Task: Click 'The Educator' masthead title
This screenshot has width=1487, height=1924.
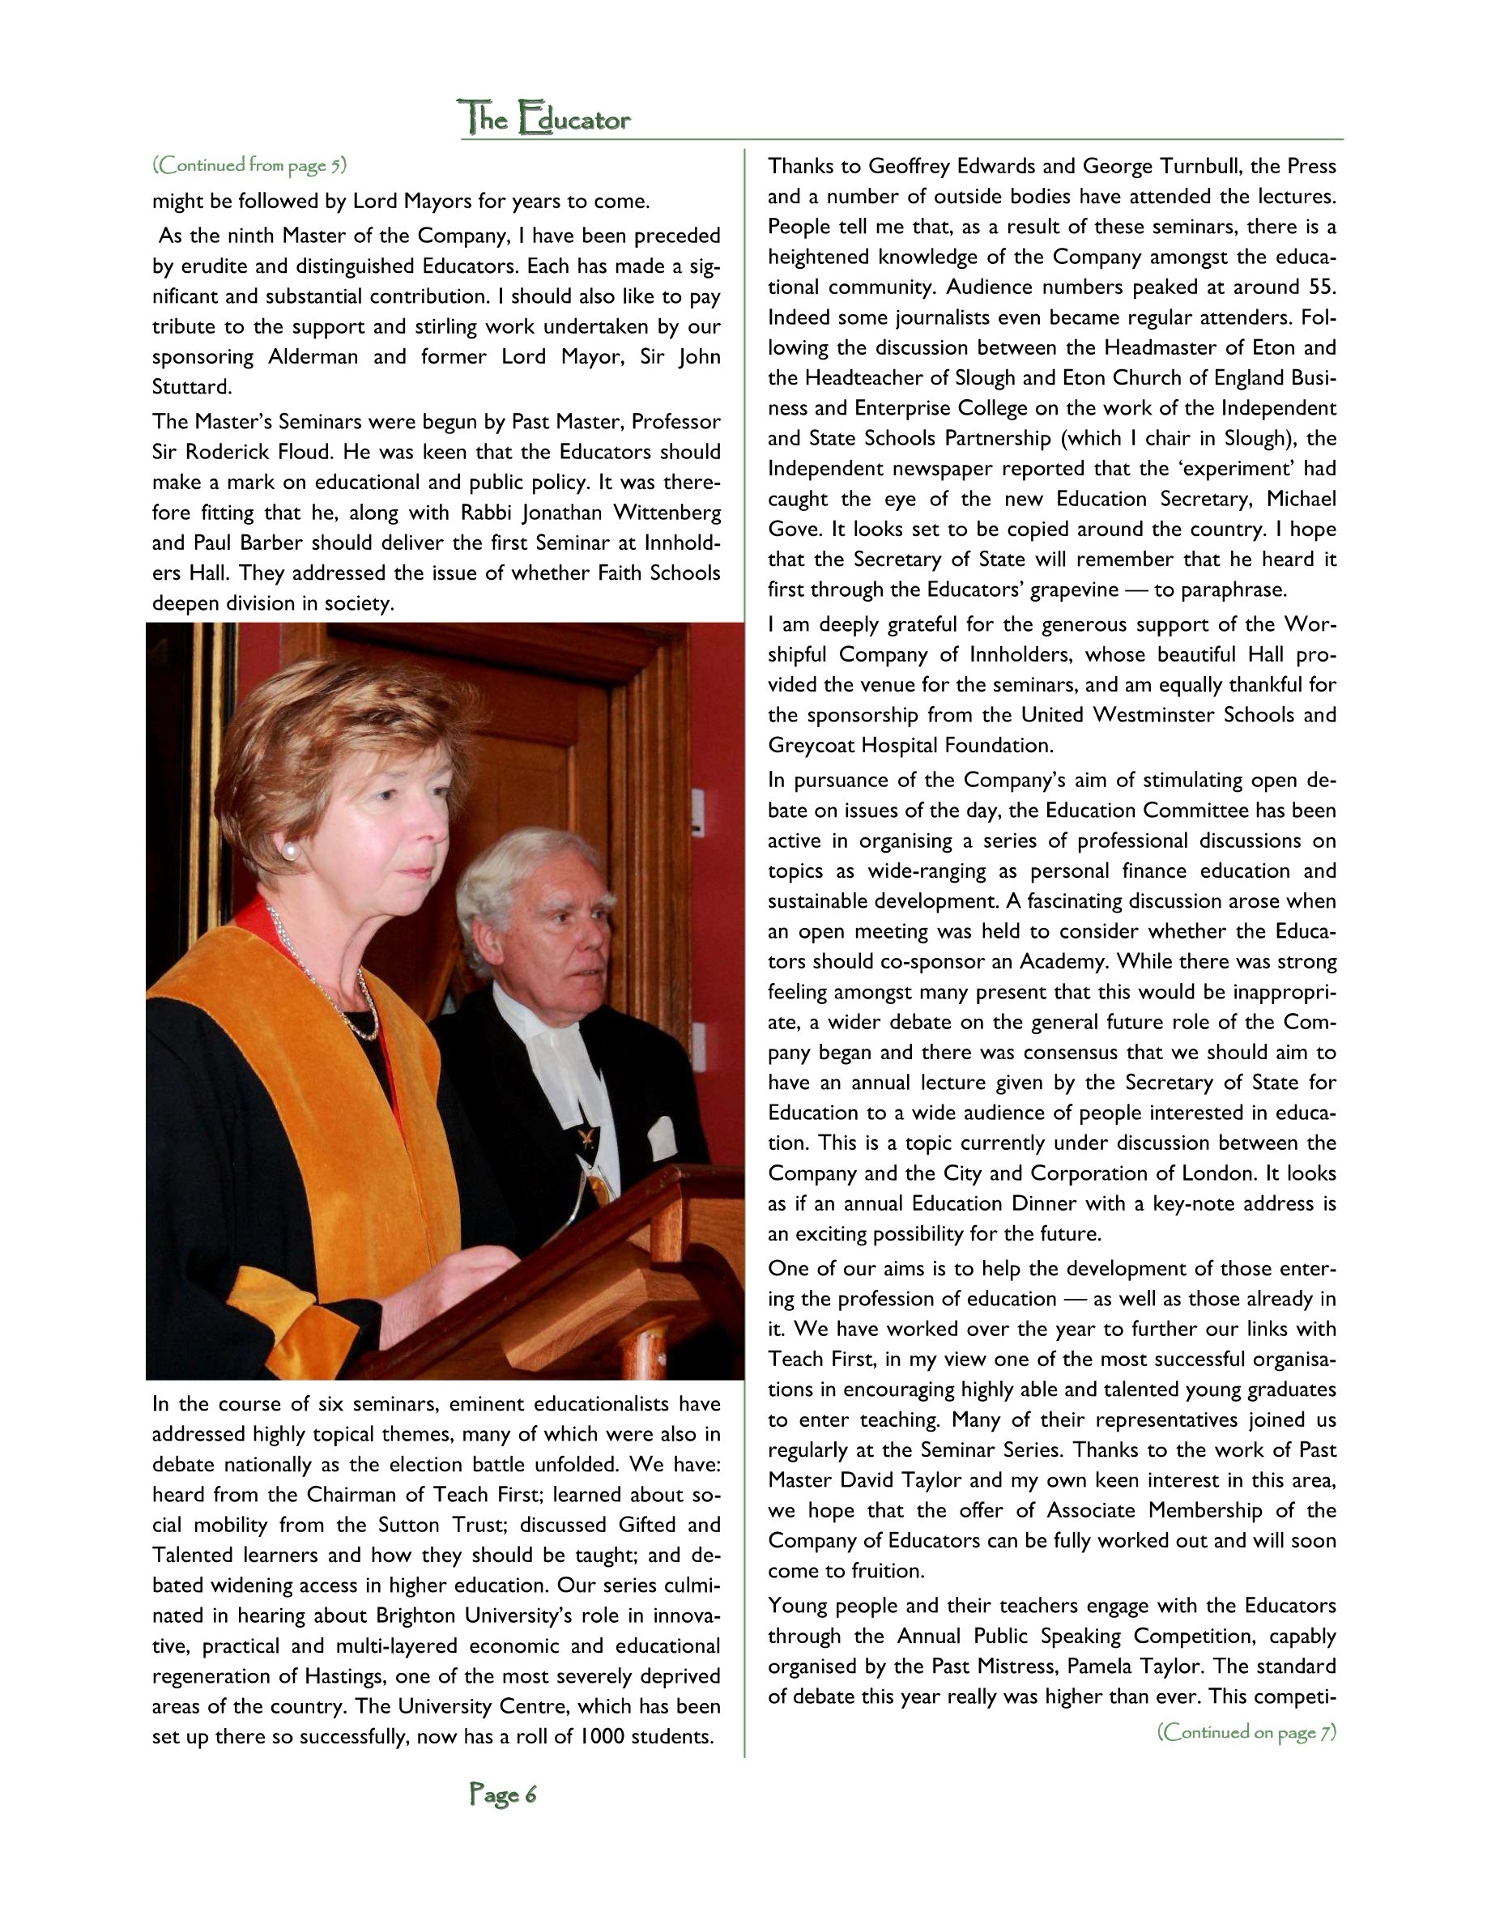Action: [544, 118]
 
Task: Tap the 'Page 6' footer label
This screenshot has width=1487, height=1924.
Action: [502, 1794]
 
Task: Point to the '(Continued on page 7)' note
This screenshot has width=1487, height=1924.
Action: [1246, 1732]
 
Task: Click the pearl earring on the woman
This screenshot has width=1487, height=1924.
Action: [288, 850]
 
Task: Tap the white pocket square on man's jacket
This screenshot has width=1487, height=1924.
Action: [661, 1136]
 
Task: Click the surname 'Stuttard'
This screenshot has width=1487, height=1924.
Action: [190, 388]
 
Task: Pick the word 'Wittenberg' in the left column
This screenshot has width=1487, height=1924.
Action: [670, 513]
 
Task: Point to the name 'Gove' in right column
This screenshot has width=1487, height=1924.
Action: [792, 530]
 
